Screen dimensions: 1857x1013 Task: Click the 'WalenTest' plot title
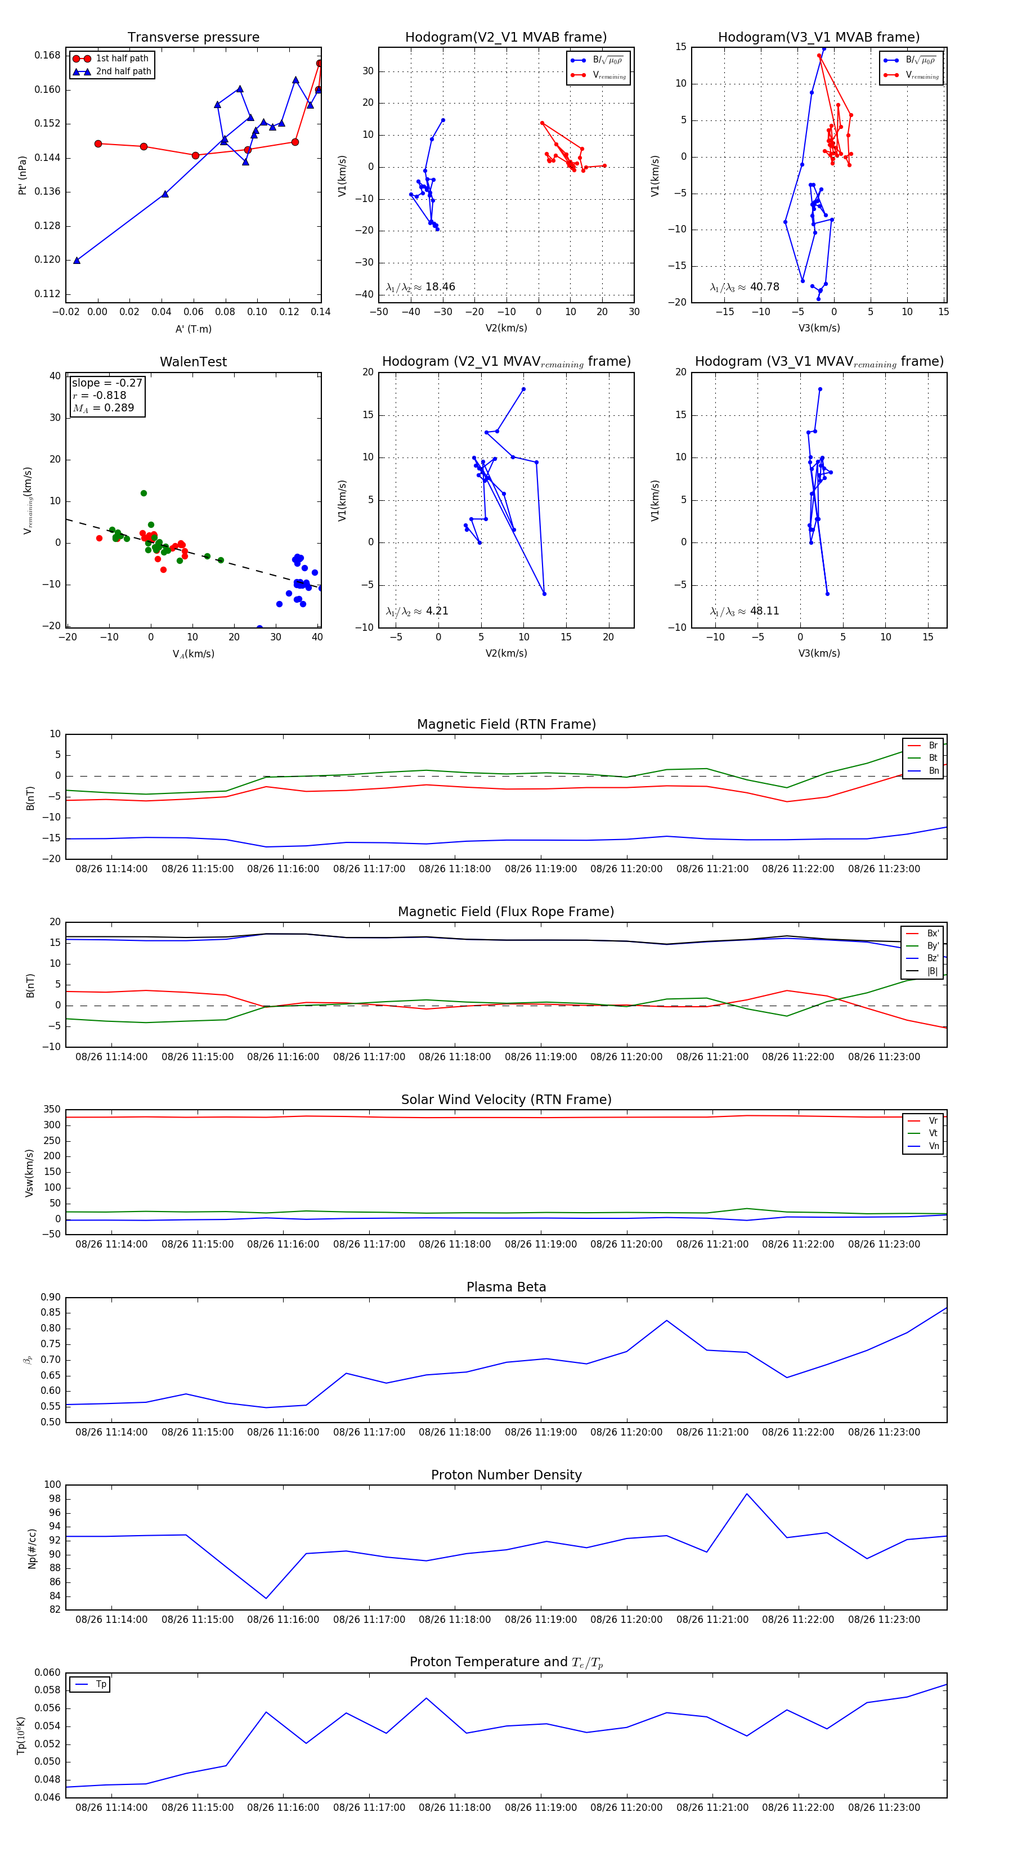[193, 362]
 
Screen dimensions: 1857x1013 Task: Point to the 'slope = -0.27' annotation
[107, 383]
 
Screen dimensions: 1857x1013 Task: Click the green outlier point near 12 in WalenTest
[144, 493]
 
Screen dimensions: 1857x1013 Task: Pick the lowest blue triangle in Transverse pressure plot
[77, 260]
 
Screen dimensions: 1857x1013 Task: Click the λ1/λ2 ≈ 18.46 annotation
[420, 287]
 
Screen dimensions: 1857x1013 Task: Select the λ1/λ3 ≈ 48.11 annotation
[744, 611]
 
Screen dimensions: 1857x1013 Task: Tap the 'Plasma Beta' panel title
[506, 1287]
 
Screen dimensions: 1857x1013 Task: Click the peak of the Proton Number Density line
[746, 1493]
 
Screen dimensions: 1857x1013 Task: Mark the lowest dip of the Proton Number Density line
[266, 1598]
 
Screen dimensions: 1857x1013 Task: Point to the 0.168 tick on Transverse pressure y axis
[48, 56]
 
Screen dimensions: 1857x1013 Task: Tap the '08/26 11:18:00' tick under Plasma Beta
[454, 1432]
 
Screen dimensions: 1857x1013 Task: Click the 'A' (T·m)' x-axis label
[193, 329]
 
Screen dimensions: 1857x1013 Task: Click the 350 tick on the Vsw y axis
[52, 1110]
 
